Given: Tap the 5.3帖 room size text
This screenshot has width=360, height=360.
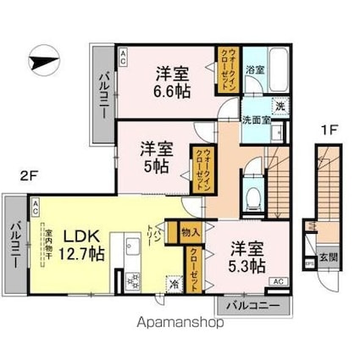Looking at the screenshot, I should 246,265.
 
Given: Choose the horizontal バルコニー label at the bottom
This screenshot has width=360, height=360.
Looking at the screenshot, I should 251,305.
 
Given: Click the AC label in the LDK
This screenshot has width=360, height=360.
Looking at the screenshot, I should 36,205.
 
